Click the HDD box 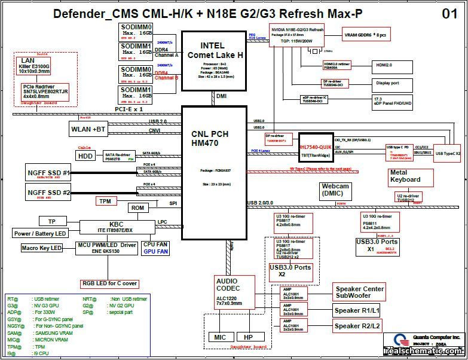coord(84,155)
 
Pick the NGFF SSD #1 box coord(50,173)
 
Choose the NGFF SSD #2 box coord(50,192)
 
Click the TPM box coord(105,202)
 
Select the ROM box coord(137,208)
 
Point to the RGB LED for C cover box coord(109,283)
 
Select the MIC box coord(221,337)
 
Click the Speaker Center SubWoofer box coord(359,292)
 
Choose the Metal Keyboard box coord(405,176)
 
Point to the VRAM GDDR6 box coord(365,35)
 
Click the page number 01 coord(450,13)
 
